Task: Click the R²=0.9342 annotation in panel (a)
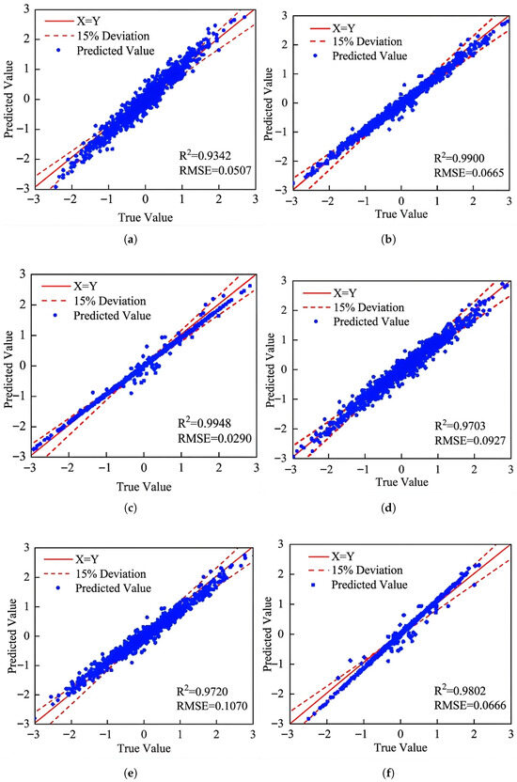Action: coord(205,155)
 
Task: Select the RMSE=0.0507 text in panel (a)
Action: coord(215,171)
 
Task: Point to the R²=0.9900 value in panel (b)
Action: coord(459,158)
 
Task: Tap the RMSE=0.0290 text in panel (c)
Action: coord(215,438)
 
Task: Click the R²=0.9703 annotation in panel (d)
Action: coord(461,426)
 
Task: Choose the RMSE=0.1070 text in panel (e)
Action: coord(211,706)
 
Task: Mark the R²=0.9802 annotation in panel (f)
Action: coord(460,690)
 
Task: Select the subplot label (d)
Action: coord(388,508)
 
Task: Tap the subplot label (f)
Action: coord(388,774)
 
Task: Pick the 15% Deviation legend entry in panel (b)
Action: coord(356,41)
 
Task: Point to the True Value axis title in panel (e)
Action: coord(144,748)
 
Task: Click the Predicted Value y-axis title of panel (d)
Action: coord(270,370)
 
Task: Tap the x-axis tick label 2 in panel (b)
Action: coord(473,200)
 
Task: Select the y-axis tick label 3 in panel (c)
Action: coord(23,274)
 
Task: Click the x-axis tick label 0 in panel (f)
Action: coord(400,734)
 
